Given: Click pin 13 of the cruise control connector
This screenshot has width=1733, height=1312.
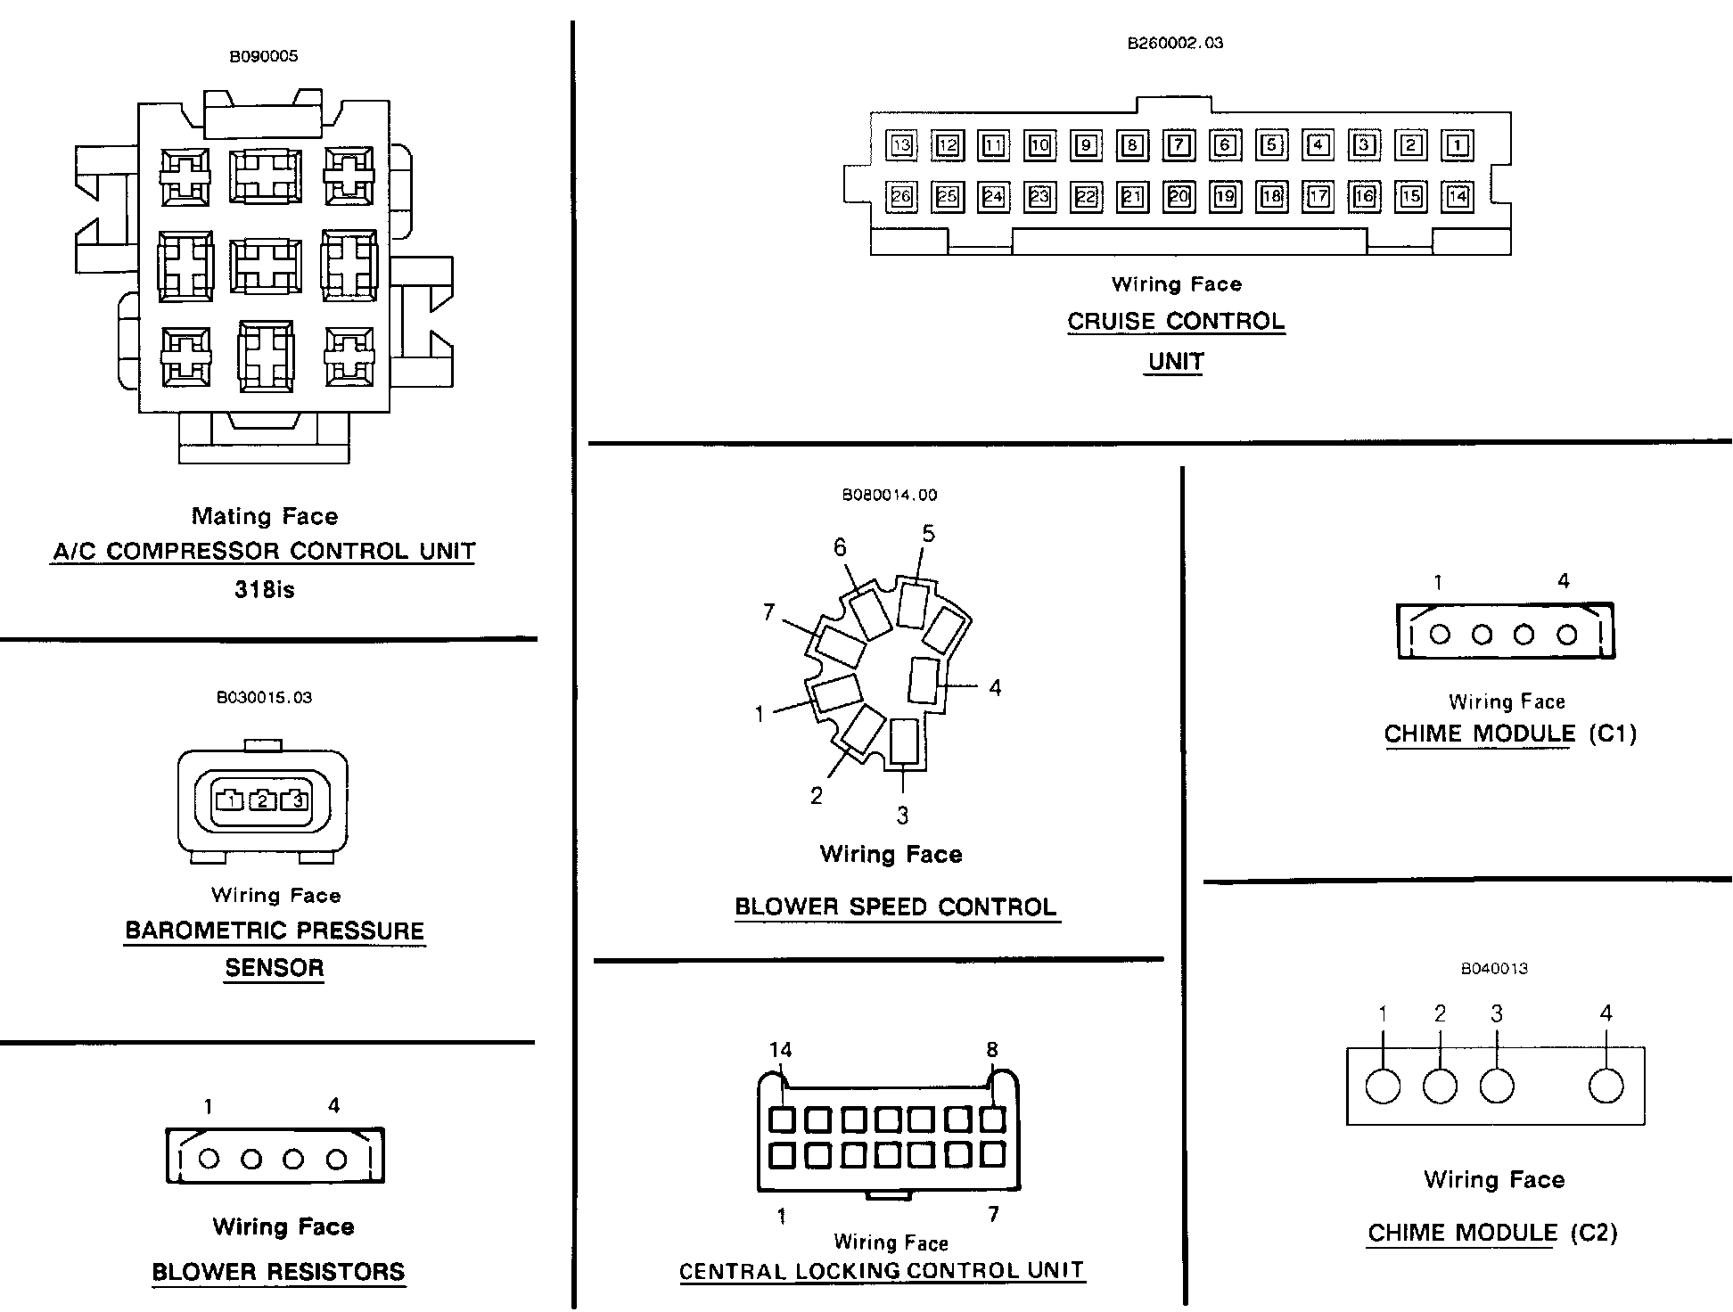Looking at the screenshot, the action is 901,145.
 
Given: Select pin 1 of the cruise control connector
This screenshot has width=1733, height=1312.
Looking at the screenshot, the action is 1458,145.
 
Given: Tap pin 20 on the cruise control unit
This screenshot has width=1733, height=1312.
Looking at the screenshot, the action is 1179,196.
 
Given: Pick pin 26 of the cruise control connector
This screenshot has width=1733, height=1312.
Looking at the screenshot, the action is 901,196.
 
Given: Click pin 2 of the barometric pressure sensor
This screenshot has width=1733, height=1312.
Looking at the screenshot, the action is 262,800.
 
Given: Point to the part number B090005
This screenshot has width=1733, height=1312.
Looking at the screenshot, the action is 264,56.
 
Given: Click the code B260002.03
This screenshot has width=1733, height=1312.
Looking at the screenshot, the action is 1176,43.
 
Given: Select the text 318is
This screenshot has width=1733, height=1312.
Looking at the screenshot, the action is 264,589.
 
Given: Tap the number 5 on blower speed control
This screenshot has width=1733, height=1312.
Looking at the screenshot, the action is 928,534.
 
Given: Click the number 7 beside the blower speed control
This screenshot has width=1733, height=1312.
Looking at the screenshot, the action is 768,612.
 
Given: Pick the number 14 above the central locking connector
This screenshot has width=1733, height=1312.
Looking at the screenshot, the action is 780,1050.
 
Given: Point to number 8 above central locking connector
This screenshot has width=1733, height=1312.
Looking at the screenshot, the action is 992,1050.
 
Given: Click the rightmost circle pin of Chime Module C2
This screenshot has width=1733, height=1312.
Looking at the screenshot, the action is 1606,1086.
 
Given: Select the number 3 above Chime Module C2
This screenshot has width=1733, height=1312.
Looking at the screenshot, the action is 1497,1013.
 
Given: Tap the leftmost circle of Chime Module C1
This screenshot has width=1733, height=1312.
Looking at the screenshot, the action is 1440,635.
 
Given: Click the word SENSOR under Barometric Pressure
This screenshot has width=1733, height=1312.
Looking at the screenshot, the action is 275,968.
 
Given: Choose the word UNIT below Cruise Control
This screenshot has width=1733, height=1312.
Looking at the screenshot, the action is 1176,362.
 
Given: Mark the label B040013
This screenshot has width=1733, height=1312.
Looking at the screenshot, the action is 1494,969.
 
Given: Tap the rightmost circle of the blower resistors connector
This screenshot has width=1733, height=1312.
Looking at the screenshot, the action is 336,1159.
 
